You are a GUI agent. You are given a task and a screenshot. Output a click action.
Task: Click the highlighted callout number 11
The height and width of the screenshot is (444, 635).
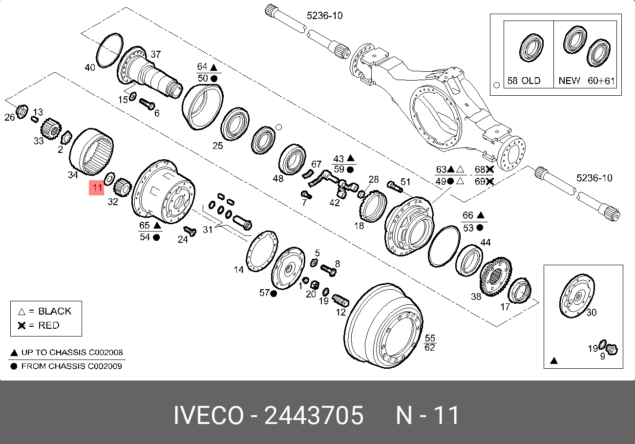96,188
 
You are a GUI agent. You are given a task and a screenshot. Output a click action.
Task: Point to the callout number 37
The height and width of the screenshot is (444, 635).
155,55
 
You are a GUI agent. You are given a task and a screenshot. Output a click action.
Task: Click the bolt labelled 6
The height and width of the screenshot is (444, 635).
147,104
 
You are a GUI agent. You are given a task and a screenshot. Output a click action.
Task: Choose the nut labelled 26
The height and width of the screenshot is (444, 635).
21,111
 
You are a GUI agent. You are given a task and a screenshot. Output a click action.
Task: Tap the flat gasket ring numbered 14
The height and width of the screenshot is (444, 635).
262,251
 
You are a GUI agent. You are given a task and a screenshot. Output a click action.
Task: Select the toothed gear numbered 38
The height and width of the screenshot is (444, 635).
495,277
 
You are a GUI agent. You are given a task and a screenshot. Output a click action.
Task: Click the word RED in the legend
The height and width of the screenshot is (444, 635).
49,326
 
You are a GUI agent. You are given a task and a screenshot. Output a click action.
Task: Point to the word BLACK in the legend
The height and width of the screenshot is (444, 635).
55,311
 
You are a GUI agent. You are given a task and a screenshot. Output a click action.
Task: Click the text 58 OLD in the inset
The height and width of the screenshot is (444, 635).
524,81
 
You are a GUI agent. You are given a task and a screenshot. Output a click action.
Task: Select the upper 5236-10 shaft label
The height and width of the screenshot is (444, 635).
324,16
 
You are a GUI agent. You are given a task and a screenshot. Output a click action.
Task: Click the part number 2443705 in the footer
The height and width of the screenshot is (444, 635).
314,416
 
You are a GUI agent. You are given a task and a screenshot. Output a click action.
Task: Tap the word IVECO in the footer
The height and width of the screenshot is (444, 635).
209,416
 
